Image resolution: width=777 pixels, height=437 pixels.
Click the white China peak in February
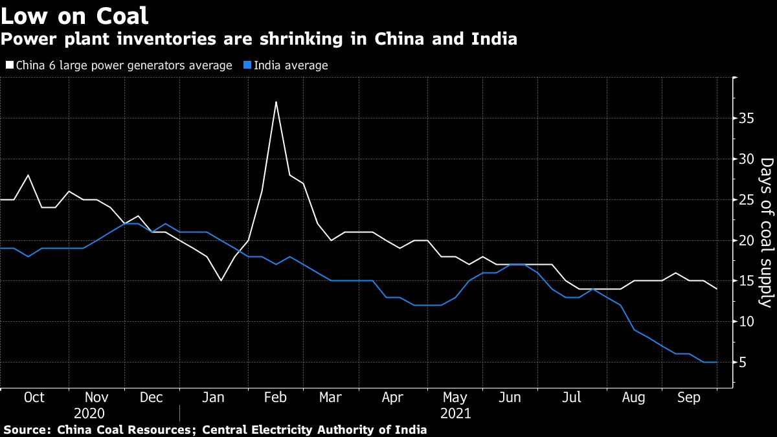[276, 102]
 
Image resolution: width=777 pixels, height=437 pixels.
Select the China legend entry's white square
[9, 65]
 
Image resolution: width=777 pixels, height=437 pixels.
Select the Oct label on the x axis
[34, 398]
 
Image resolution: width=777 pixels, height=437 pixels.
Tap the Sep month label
[688, 398]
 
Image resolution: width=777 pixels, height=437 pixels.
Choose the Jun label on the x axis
[510, 398]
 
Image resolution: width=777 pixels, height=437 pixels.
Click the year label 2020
[90, 413]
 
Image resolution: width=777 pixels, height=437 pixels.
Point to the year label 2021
[455, 413]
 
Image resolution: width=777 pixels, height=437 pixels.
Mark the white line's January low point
[221, 281]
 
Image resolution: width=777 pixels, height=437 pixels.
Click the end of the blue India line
[716, 362]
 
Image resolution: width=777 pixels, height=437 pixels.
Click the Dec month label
[152, 398]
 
